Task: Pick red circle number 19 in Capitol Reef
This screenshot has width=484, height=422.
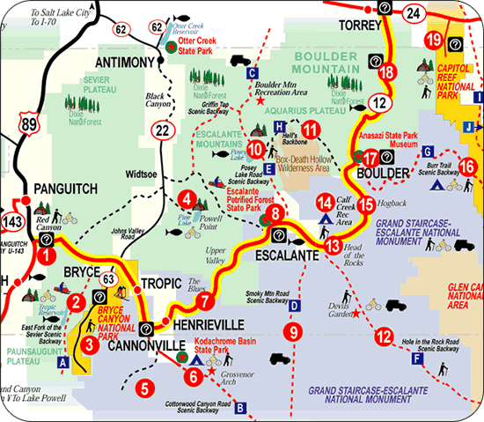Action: point(433,41)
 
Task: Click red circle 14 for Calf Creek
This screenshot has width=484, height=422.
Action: point(325,201)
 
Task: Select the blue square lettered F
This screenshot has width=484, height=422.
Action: point(417,359)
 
